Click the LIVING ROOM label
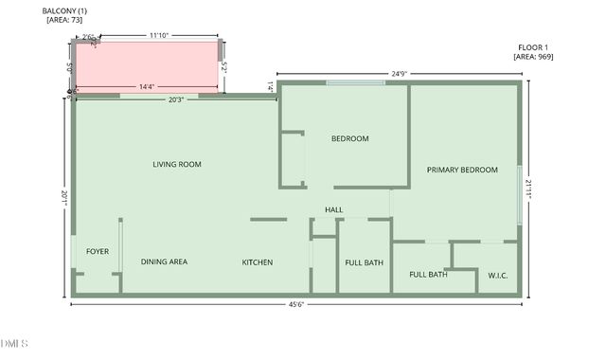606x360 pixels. (177, 165)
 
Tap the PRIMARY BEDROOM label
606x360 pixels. (462, 171)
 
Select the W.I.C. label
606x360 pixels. (498, 276)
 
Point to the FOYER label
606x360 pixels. (98, 251)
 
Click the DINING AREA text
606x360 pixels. (164, 261)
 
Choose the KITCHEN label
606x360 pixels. (258, 261)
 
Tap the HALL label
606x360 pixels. (333, 209)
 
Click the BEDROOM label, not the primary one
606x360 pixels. (349, 139)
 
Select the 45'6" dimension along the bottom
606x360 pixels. (295, 304)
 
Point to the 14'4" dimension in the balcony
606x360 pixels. (147, 87)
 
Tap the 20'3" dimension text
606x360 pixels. (177, 99)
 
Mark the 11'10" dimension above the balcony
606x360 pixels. (159, 35)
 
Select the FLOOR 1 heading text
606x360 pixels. (533, 46)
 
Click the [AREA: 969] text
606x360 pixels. (533, 57)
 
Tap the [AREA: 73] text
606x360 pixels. (64, 19)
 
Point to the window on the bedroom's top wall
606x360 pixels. (356, 83)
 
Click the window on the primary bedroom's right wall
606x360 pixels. (519, 196)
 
